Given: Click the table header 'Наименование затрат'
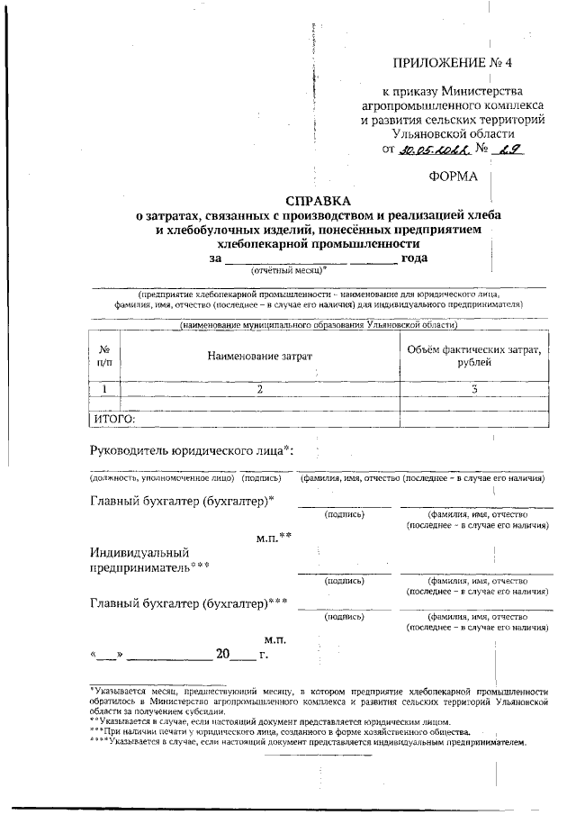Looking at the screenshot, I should (259, 356).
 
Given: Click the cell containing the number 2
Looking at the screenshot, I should (259, 389).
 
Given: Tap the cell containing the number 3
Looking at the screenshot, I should (474, 389).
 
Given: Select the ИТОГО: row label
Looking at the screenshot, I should (114, 419).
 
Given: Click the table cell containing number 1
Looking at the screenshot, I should (105, 389).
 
